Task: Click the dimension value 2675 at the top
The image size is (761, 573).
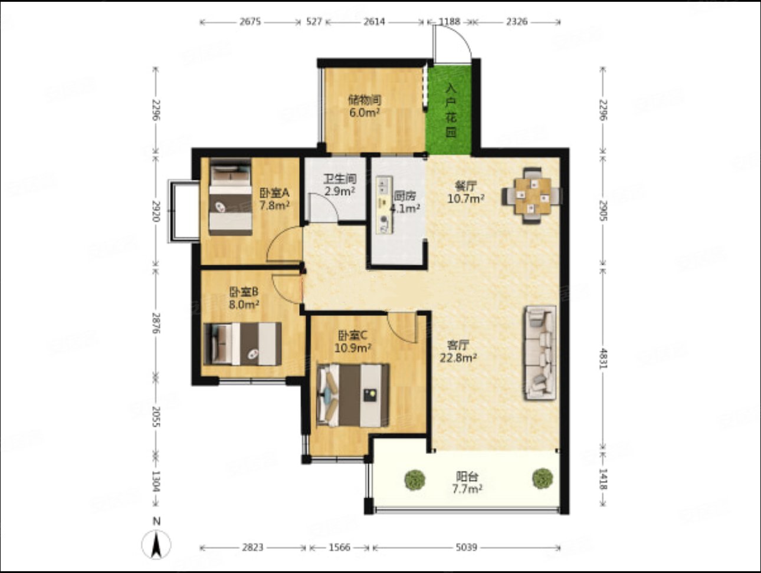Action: coord(250,22)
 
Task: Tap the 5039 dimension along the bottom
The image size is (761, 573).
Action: coord(466,548)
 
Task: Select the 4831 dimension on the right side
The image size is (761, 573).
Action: coord(603,359)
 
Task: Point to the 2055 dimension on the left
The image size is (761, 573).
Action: coord(156,417)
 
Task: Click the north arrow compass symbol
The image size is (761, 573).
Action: coord(156,544)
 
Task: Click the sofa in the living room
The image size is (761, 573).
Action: coord(541,353)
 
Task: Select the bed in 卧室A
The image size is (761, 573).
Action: coord(231,197)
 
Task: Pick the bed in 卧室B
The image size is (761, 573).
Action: coord(242,344)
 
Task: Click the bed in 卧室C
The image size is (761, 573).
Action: coord(353,396)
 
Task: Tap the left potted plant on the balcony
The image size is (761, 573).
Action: coord(415,480)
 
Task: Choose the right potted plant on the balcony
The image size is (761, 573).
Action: coord(543,479)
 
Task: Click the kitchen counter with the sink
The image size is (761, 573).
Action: coord(385,205)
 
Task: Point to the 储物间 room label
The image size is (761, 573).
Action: coord(365,100)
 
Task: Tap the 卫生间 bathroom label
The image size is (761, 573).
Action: coord(340,179)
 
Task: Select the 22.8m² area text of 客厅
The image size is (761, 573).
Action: coord(458,357)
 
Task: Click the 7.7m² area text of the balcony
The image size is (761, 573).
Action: coord(467,489)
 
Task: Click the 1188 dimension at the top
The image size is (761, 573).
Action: coord(450,22)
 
